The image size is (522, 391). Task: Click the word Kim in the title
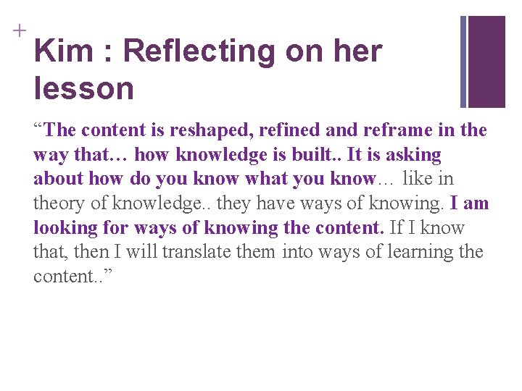tap(63, 51)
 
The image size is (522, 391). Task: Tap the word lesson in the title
tap(83, 89)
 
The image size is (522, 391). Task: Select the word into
tap(298, 253)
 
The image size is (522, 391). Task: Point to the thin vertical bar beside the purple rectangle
tap(463, 62)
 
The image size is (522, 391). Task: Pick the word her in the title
tap(357, 51)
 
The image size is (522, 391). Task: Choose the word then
tap(88, 253)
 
